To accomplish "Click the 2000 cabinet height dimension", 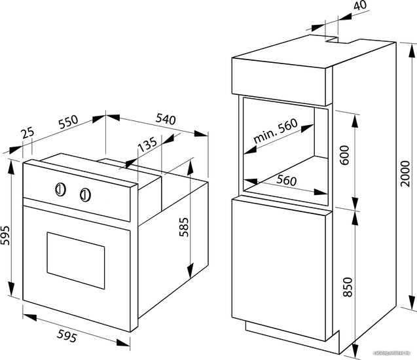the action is tap(406, 173).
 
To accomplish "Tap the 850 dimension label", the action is tap(348, 287).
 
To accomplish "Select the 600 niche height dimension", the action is tap(344, 155).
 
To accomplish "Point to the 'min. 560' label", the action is tap(276, 130).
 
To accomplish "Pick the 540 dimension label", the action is tap(166, 119).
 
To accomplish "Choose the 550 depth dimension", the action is tap(69, 122).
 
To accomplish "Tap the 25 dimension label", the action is tap(28, 132).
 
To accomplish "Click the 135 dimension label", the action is tap(148, 145).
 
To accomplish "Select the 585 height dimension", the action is tap(184, 227).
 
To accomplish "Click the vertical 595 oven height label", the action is tap(5, 235).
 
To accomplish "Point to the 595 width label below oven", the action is tap(67, 336).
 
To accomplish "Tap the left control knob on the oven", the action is tap(61, 190).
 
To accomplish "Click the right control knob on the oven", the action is tap(85, 195).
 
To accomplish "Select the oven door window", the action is tap(76, 261).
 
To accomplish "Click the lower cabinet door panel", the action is tap(279, 270).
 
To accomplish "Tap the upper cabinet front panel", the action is tap(279, 81).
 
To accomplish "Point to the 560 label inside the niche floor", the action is tap(286, 180).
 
